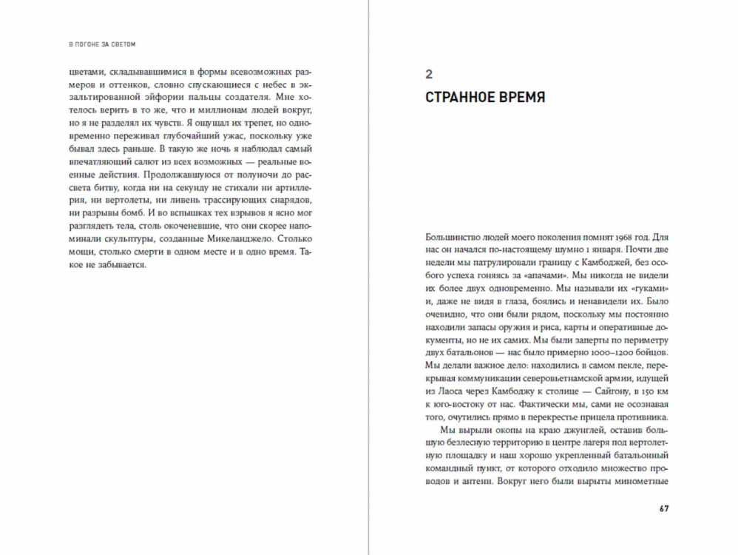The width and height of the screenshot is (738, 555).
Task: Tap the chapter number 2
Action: (430, 73)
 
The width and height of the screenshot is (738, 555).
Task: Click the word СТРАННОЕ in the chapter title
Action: (465, 98)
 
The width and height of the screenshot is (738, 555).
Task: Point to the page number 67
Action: (663, 508)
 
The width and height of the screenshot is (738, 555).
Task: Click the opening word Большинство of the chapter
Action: (453, 238)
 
